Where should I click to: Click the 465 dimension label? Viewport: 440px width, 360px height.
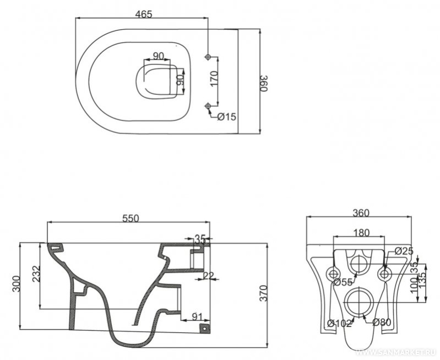coord(143,14)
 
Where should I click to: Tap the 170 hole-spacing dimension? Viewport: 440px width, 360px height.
coord(214,79)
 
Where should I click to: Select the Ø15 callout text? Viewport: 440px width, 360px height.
coord(227,116)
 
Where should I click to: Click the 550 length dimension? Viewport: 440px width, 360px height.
coord(131,218)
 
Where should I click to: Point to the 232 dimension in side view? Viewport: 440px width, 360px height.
coord(36,274)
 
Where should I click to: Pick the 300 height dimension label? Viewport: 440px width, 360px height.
coord(17,284)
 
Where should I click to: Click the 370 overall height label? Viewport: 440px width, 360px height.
coord(263,293)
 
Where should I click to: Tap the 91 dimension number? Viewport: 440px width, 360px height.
coord(197,316)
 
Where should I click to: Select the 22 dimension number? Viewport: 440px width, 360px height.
coord(208,276)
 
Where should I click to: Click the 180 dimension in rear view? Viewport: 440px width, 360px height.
coord(361,233)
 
